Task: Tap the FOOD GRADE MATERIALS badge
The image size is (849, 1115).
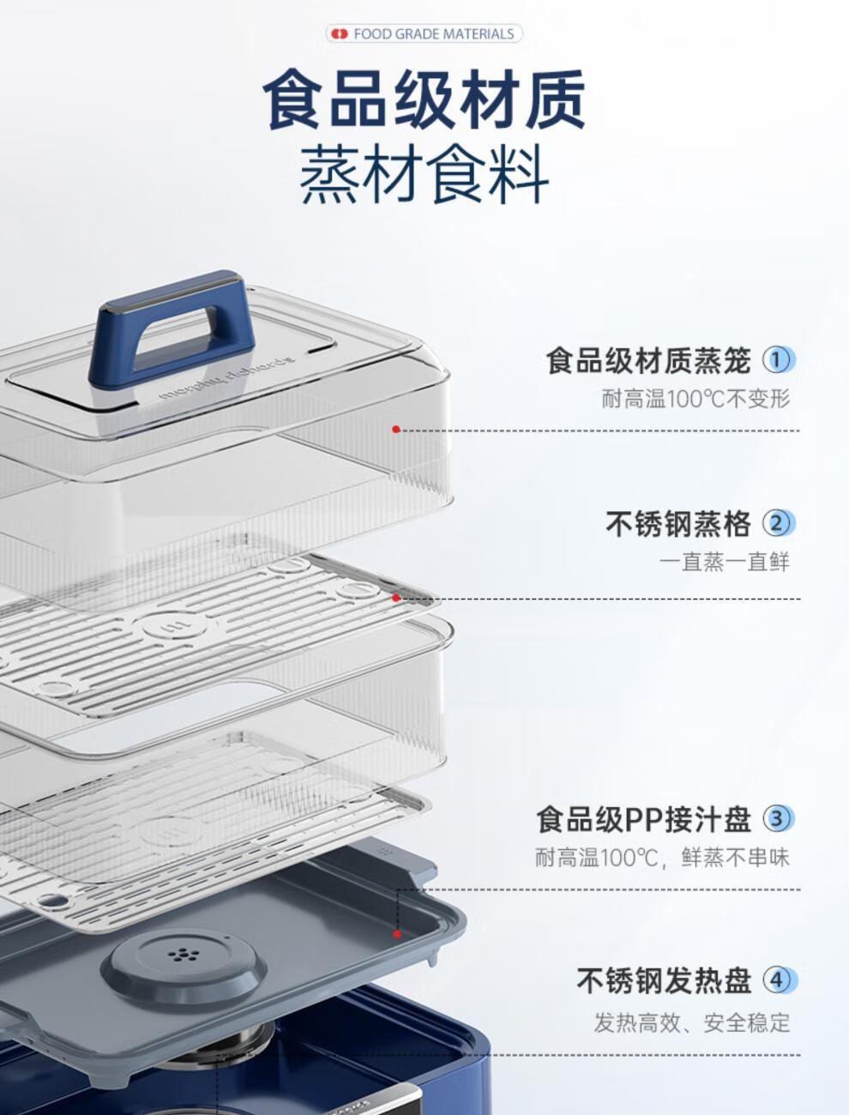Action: (424, 34)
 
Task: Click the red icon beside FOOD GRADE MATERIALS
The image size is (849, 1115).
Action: (340, 34)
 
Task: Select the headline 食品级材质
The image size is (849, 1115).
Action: (424, 99)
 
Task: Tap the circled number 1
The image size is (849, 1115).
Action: (778, 360)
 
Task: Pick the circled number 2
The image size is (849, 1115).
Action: (778, 524)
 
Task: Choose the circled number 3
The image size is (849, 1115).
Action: (778, 819)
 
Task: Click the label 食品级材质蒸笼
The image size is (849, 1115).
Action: (648, 361)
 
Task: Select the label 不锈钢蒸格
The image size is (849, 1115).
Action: (678, 524)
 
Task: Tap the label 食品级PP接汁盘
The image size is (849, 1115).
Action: (644, 819)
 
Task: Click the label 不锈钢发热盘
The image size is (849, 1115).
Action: (664, 981)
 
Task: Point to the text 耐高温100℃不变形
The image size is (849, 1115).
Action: (695, 399)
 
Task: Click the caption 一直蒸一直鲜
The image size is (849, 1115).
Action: (725, 562)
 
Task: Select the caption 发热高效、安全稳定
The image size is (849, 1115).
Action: (692, 1022)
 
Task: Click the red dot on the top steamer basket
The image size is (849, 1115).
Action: (396, 430)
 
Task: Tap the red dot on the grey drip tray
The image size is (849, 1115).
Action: (397, 934)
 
